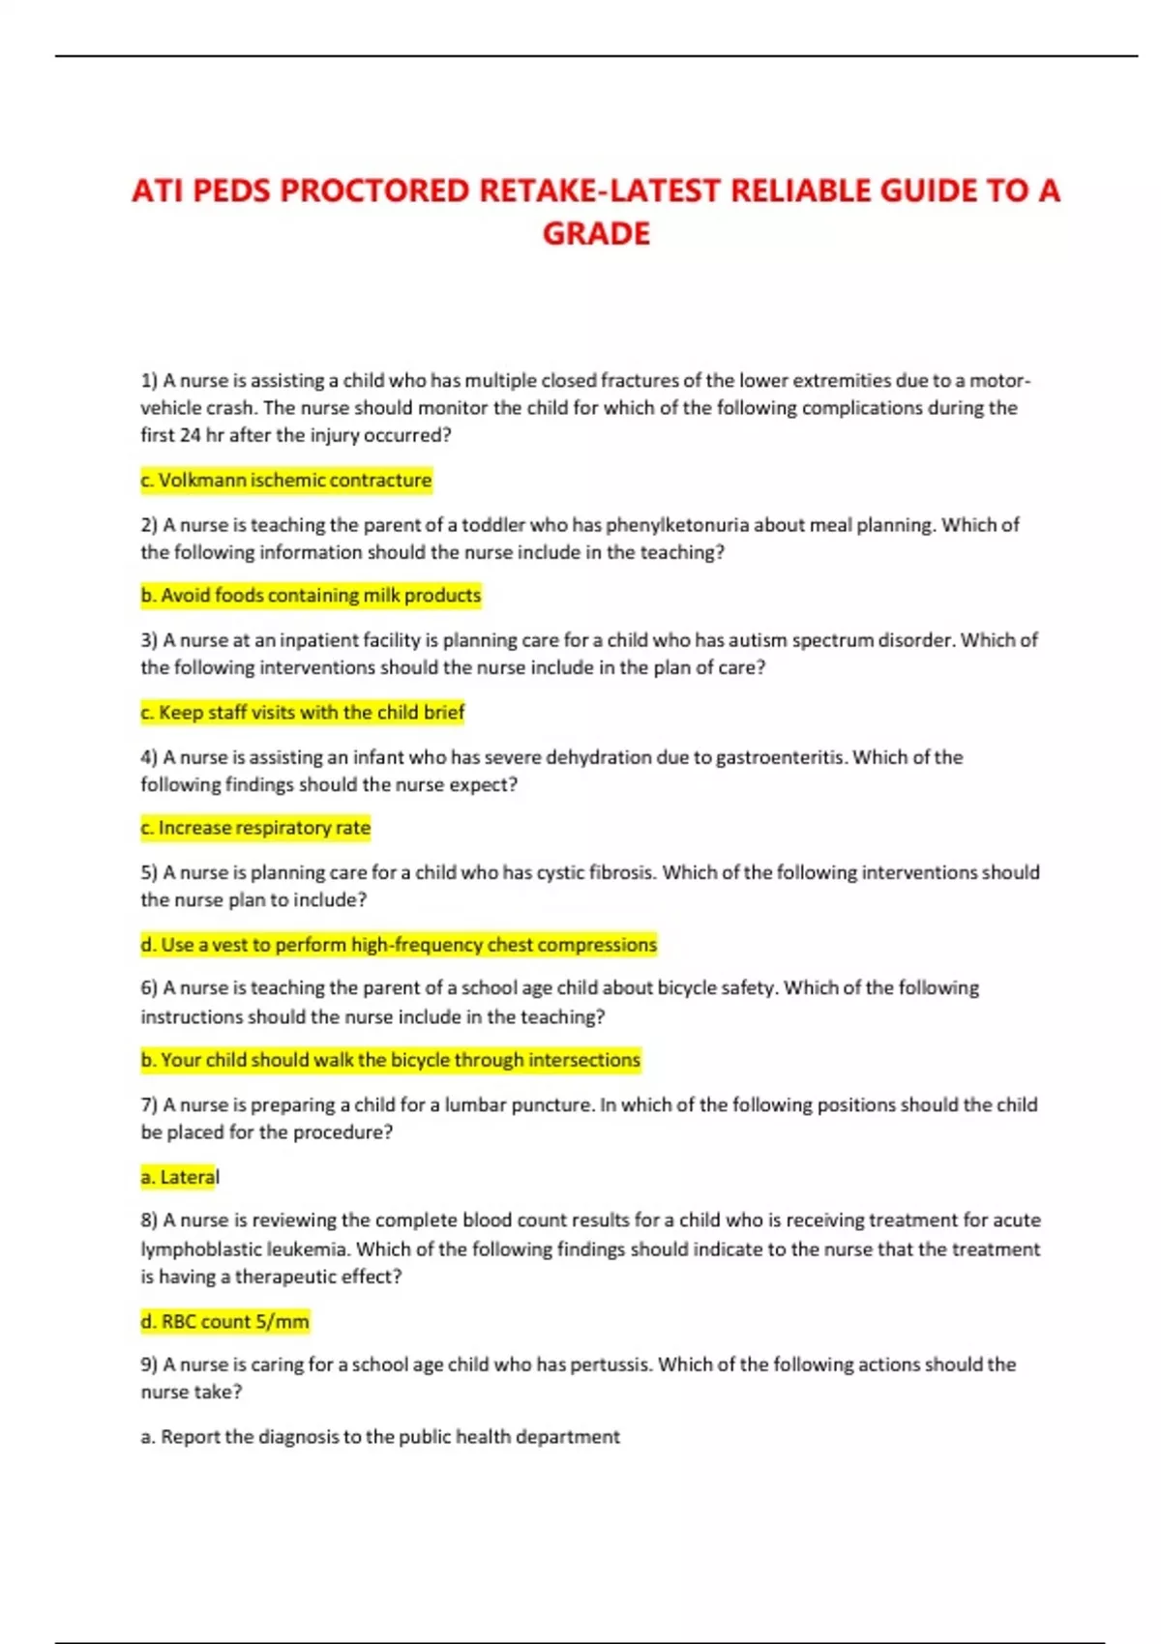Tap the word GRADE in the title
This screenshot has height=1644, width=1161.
tap(596, 234)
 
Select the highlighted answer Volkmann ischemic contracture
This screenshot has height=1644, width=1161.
tap(286, 481)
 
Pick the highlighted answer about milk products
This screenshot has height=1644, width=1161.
tap(311, 596)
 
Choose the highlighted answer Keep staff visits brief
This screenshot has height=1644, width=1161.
tap(303, 713)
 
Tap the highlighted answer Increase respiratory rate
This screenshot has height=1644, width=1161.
tap(255, 828)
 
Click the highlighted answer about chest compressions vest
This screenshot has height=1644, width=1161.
tap(399, 945)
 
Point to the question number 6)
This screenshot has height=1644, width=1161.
tap(149, 988)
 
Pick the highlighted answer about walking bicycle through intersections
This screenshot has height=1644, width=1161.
tap(391, 1060)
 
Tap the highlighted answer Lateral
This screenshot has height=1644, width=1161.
tap(180, 1177)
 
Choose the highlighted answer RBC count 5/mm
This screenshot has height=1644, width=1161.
tap(225, 1321)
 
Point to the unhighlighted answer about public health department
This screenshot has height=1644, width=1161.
tap(380, 1437)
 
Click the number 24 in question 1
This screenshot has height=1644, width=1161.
tap(190, 435)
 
